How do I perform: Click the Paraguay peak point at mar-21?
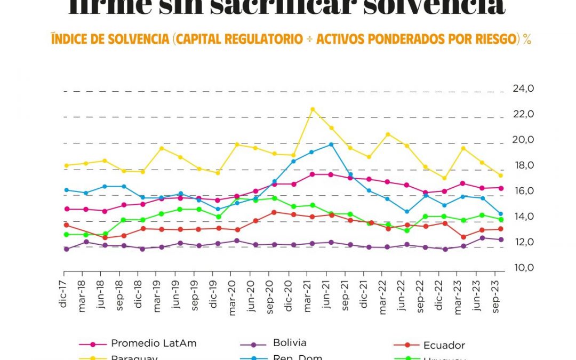[x=313, y=109]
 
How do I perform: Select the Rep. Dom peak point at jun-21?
[x=331, y=145]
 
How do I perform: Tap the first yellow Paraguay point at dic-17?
[x=67, y=165]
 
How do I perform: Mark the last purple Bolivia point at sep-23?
[x=500, y=239]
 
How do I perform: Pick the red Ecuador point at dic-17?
[x=67, y=225]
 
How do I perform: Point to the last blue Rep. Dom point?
[x=500, y=214]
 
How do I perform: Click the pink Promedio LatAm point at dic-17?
[x=67, y=209]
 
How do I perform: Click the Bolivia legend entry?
[x=289, y=343]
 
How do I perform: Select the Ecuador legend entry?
[x=443, y=345]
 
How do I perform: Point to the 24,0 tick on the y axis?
[x=523, y=89]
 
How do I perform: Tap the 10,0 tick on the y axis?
[x=523, y=268]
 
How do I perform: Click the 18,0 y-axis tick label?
[x=523, y=165]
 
